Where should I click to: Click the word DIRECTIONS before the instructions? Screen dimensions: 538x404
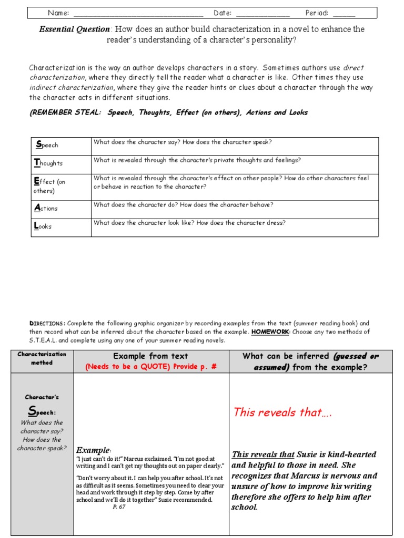click(x=47, y=324)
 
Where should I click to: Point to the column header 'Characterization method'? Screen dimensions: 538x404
click(x=42, y=358)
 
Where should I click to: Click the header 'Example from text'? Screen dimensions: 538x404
click(x=151, y=356)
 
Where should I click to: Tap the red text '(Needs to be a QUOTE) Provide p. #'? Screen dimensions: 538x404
click(x=151, y=367)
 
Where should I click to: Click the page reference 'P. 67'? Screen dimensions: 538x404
click(x=119, y=507)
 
